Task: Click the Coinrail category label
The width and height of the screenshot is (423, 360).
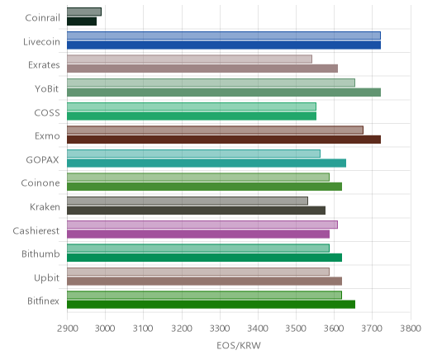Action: click(42, 18)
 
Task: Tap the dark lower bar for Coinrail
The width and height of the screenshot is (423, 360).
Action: click(82, 21)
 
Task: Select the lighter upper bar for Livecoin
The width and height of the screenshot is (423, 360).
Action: click(224, 36)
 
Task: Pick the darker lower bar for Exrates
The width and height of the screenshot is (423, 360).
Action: click(202, 69)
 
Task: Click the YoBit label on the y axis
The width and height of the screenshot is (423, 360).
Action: click(47, 89)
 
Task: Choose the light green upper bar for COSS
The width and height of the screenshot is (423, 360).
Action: click(192, 107)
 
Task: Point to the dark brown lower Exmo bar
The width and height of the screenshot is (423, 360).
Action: click(224, 140)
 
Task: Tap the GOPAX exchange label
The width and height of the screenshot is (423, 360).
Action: click(42, 160)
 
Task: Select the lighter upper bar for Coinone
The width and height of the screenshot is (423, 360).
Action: click(198, 177)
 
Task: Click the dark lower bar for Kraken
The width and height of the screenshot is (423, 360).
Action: click(196, 211)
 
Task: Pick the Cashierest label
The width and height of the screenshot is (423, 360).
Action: click(36, 231)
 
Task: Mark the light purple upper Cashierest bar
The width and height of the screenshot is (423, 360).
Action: click(202, 225)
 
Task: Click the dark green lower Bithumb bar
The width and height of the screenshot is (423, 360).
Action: click(204, 258)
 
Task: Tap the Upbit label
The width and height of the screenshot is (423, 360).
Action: click(46, 278)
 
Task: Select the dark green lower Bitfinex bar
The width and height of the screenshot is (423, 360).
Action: click(211, 305)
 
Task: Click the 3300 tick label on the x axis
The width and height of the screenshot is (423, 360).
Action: click(220, 329)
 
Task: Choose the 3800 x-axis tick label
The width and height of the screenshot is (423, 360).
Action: click(411, 329)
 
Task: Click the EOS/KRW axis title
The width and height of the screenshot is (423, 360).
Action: click(239, 345)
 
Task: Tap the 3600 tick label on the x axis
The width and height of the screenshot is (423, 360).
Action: click(334, 329)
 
